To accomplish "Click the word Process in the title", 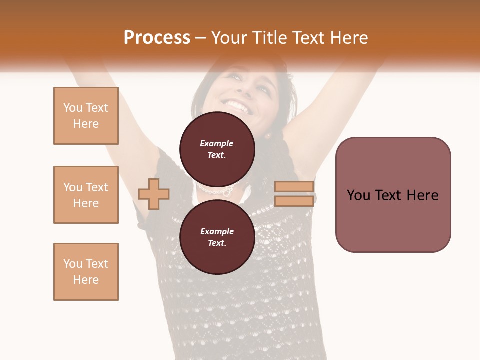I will (157, 38).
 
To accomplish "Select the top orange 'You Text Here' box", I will (86, 116).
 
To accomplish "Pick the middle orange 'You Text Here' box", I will (86, 195).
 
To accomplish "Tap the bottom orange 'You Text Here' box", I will (86, 272).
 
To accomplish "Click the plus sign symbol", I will (154, 194).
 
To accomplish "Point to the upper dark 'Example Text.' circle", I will (217, 149).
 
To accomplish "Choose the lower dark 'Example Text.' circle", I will (217, 237).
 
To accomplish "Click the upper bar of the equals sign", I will (294, 186).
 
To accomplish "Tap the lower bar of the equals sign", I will (294, 201).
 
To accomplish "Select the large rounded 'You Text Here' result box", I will (393, 195).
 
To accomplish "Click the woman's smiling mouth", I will (238, 105).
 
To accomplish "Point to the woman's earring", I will (267, 135).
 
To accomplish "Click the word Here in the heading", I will (348, 38).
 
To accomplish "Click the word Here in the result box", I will (422, 195).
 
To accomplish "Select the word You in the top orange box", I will (72, 108).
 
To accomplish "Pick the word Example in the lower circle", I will (217, 231).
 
